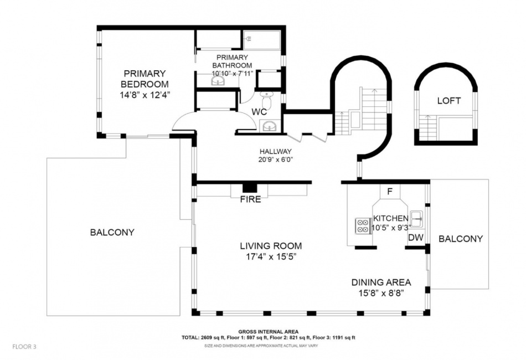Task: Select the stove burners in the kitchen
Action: click(x=362, y=226)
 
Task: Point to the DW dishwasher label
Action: click(x=416, y=238)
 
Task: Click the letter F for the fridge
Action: click(x=390, y=192)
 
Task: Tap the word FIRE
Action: click(x=251, y=199)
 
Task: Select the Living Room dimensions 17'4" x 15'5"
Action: click(x=271, y=257)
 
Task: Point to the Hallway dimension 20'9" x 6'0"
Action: click(x=275, y=160)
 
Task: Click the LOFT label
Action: click(x=449, y=101)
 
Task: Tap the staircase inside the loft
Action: click(x=427, y=128)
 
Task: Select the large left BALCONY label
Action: click(x=112, y=232)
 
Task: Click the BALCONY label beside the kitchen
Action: click(x=461, y=239)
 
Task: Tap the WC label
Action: click(x=259, y=112)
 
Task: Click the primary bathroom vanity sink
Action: click(x=218, y=80)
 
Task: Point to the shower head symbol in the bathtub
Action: click(x=249, y=39)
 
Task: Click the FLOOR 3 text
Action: click(x=24, y=347)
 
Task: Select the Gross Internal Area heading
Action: click(x=269, y=332)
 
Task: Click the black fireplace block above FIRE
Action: click(x=250, y=188)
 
